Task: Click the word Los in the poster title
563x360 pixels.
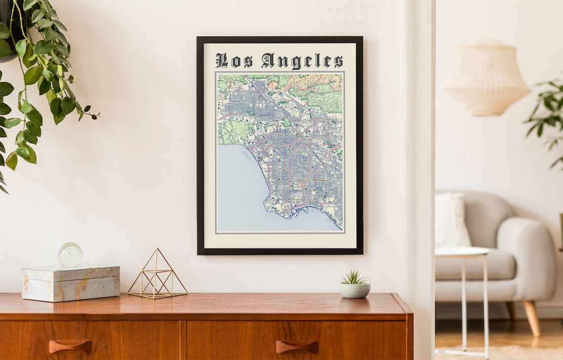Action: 234,61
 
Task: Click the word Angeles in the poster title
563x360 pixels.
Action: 302,61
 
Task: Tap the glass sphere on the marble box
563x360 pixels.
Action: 70,255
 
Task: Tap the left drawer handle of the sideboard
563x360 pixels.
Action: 70,346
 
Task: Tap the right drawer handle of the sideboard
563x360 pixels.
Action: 296,347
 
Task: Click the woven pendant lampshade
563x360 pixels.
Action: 485,79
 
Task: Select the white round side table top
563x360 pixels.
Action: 461,252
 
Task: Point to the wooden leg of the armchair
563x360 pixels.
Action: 531,318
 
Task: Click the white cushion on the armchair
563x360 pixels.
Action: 450,219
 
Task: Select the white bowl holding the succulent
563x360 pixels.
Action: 354,291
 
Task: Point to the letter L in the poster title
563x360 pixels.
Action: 222,61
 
